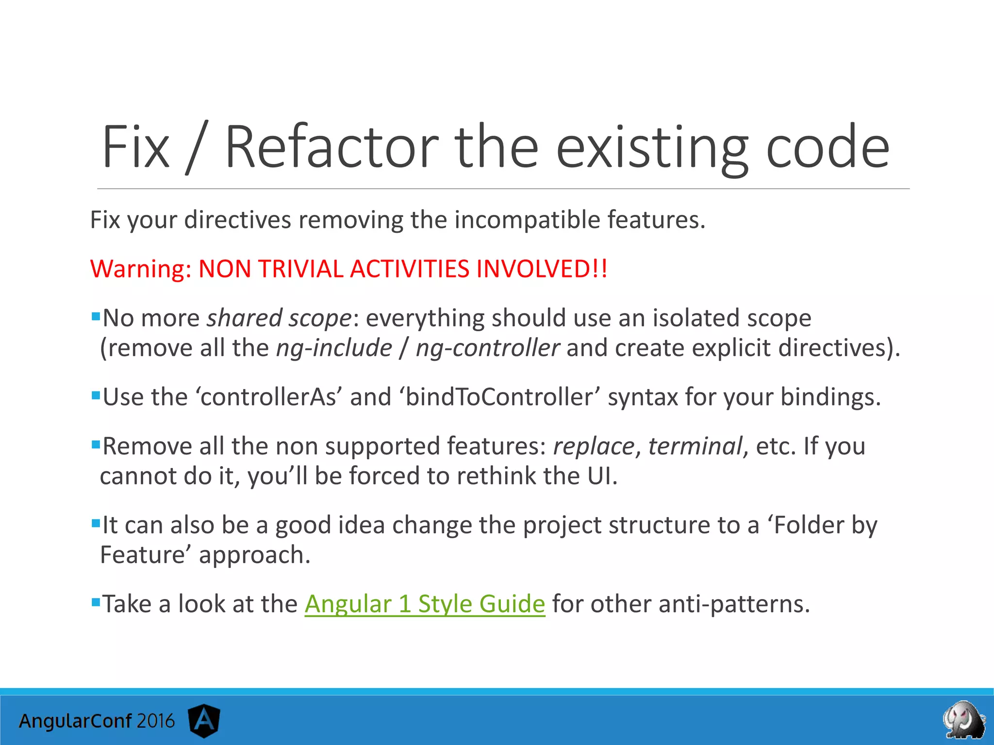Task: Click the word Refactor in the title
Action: (x=331, y=147)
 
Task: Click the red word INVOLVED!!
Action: (x=542, y=269)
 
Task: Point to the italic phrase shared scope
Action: (x=279, y=319)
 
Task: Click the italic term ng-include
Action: (x=334, y=348)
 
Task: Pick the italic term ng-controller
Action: (x=487, y=348)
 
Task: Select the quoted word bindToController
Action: (x=499, y=397)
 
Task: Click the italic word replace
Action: (x=594, y=446)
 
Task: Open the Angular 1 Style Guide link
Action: (x=425, y=604)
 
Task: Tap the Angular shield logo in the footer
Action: (x=204, y=721)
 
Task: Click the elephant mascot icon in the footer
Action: (x=964, y=720)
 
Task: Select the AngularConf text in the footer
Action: (x=75, y=721)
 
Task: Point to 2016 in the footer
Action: (x=155, y=721)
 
